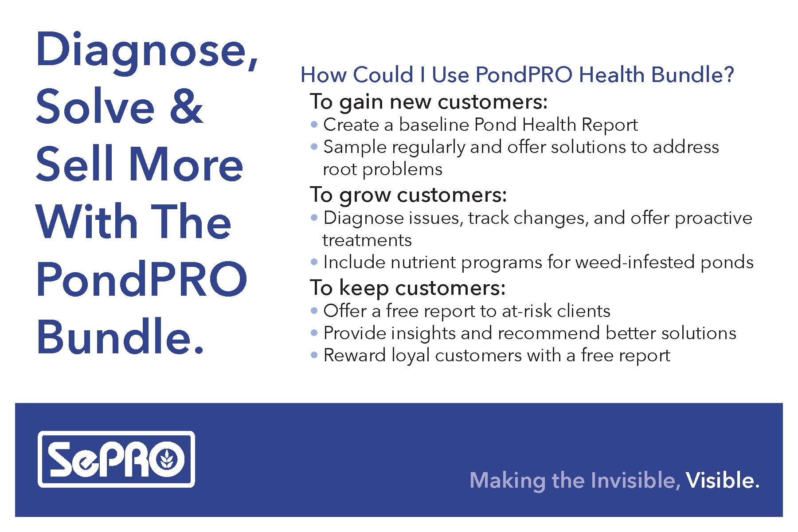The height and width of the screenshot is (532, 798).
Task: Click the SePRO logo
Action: coord(116,459)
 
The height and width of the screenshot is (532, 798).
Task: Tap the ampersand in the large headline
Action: coord(186,106)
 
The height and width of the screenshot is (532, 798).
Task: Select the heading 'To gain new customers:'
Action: coord(429,102)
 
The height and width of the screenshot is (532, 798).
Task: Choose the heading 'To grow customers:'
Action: coord(408,195)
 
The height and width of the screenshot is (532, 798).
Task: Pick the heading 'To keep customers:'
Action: coord(407,288)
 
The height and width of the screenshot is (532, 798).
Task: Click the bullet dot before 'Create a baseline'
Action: coord(314,125)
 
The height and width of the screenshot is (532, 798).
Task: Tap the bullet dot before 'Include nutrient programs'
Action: coord(314,262)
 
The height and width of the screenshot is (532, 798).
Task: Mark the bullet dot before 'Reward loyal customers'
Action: coord(314,355)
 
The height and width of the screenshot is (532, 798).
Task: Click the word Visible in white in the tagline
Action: coord(723,481)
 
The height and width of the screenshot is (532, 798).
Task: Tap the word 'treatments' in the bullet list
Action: coord(367,240)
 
